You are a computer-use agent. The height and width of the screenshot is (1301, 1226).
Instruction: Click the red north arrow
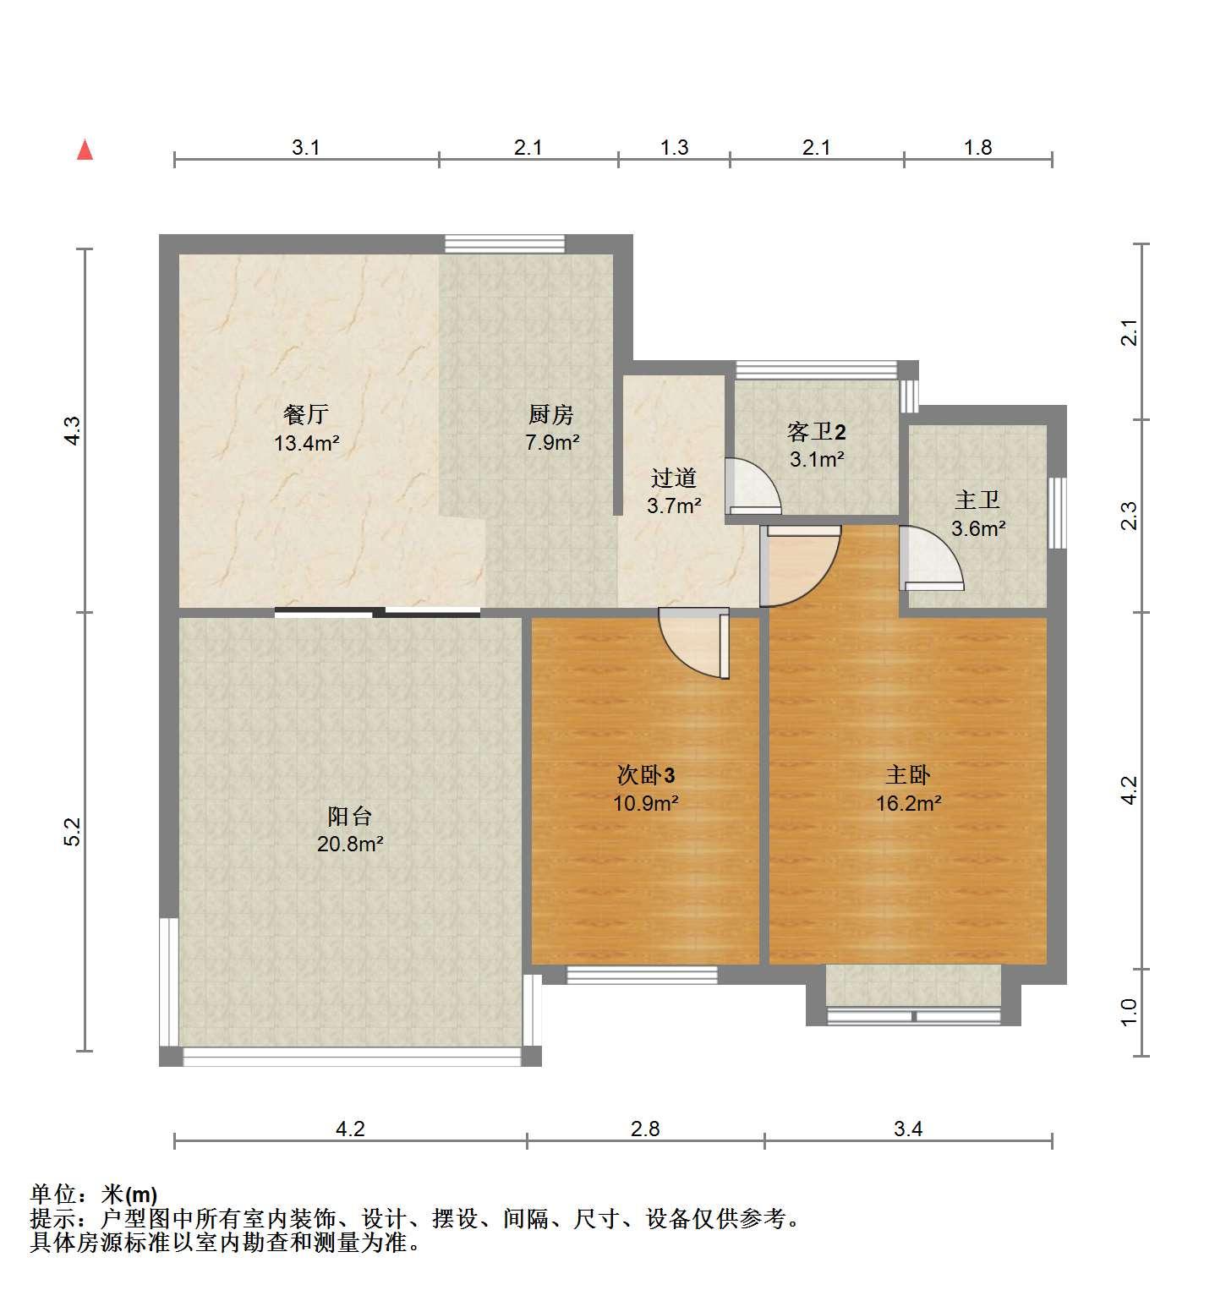point(85,150)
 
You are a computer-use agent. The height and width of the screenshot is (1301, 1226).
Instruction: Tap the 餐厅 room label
point(306,414)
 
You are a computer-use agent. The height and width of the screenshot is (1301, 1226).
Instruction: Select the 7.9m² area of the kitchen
point(552,442)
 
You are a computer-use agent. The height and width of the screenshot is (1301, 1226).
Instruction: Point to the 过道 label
point(674,478)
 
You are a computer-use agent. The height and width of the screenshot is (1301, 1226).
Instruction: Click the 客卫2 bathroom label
point(817,432)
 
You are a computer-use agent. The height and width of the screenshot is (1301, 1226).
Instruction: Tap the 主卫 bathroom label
point(978,500)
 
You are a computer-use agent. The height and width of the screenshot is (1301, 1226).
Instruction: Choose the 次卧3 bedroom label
point(646,775)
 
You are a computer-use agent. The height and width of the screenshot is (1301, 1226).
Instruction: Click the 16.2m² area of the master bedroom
point(909,803)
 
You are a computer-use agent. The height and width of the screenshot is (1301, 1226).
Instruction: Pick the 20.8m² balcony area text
point(351,844)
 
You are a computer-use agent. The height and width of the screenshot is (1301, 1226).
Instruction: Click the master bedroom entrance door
point(800,566)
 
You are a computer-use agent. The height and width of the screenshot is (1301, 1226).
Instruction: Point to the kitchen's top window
point(505,243)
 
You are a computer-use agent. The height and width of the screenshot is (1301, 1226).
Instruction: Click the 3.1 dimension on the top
point(306,148)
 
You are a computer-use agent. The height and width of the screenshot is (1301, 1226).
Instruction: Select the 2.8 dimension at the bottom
point(645,1129)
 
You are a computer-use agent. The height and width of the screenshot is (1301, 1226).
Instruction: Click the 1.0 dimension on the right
point(1130,1012)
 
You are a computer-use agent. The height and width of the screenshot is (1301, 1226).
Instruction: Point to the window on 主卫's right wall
point(1057,512)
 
